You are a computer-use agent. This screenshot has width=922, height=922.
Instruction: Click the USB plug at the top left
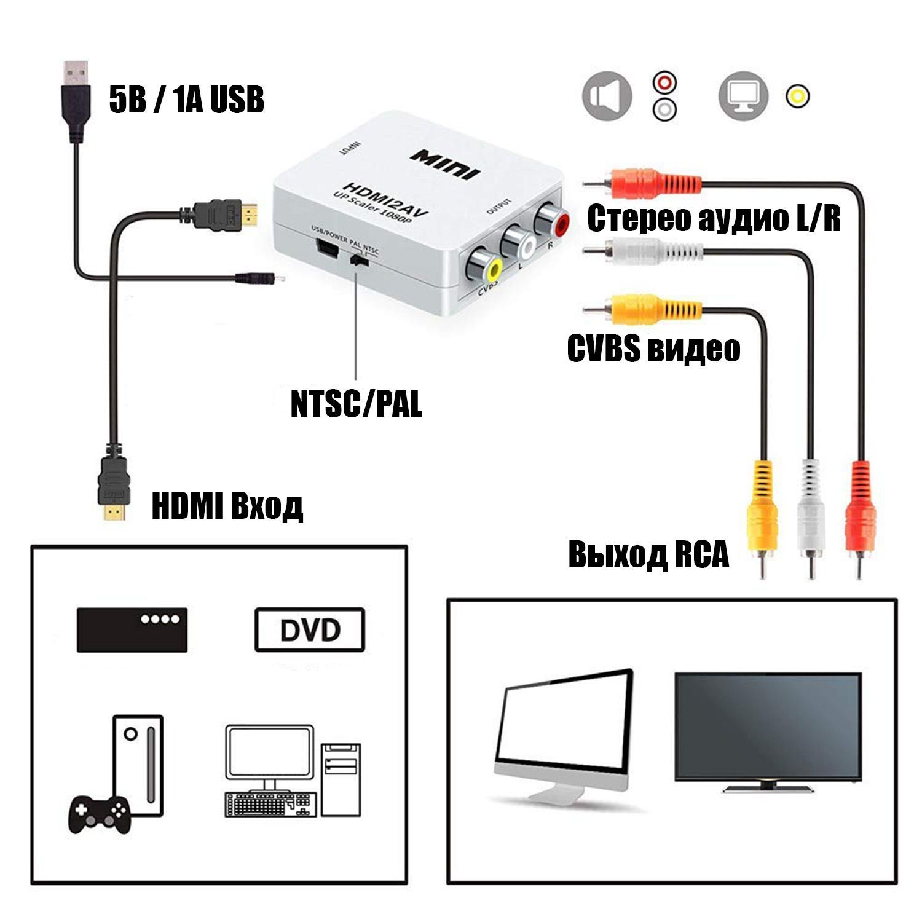pos(75,101)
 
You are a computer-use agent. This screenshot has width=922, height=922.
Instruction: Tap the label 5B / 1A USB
pos(187,100)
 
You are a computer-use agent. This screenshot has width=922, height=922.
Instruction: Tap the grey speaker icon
pos(607,97)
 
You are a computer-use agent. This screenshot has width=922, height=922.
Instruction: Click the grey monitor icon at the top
pos(744,97)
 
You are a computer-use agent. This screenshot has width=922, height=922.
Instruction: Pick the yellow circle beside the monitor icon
pos(797,97)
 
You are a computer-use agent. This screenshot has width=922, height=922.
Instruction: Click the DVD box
pos(310,629)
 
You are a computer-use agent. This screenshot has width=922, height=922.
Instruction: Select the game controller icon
pos(98,814)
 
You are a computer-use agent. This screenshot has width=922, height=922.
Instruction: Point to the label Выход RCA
pos(648,554)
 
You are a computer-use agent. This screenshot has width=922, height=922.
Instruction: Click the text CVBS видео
pos(653,349)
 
